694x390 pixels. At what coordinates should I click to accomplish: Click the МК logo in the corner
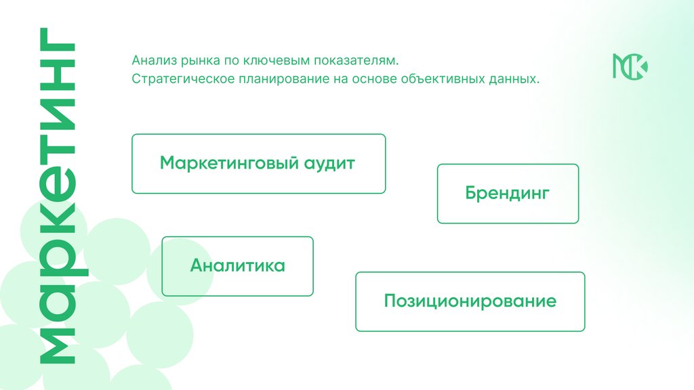(x=630, y=65)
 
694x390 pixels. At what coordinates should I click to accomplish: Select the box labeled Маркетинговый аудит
(x=258, y=164)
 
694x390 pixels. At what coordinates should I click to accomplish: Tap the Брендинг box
(x=508, y=194)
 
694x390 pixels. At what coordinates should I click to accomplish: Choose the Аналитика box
(x=237, y=266)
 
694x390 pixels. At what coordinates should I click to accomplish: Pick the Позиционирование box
(x=470, y=301)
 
